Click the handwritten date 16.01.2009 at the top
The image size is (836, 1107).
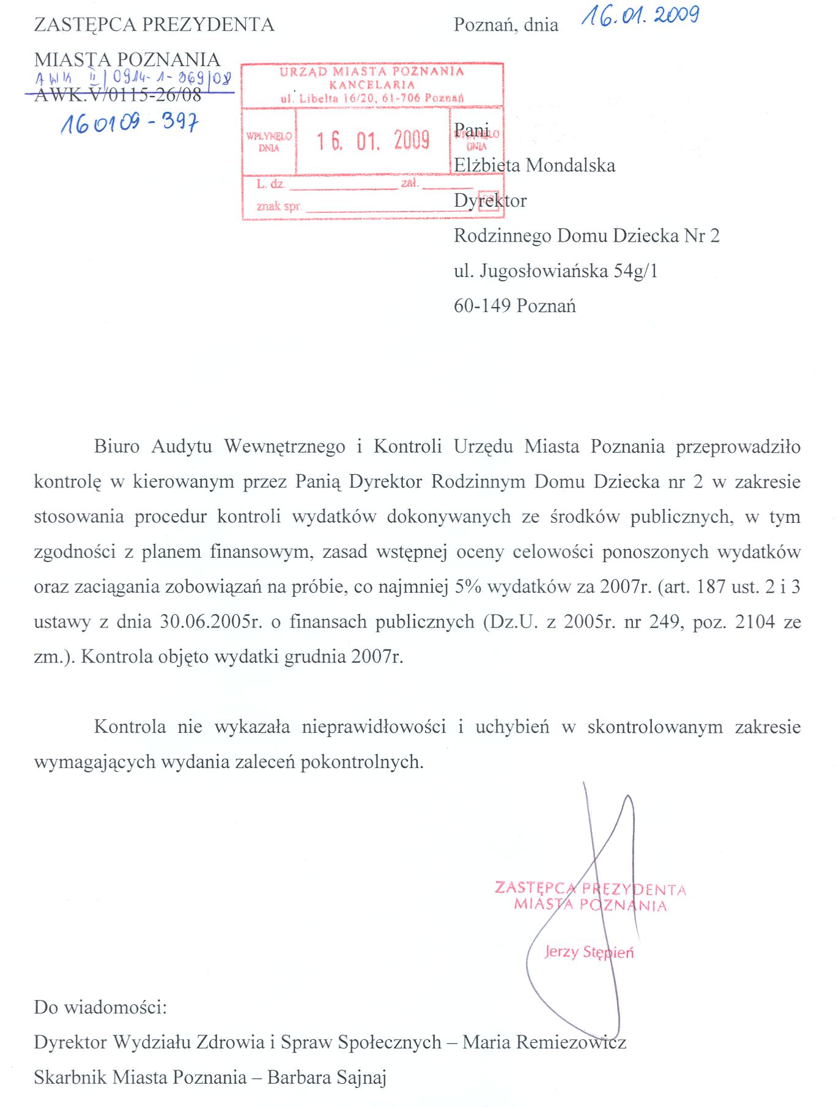click(x=640, y=16)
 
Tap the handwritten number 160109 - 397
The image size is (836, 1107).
click(x=129, y=123)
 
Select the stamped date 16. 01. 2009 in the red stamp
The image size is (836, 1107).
click(x=372, y=141)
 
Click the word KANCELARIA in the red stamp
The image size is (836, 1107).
click(x=372, y=85)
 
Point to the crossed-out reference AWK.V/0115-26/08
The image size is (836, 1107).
click(x=118, y=95)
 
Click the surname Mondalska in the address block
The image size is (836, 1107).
click(x=571, y=166)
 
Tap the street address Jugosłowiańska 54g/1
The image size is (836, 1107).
click(x=569, y=271)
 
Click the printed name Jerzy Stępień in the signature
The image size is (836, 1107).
click(x=589, y=952)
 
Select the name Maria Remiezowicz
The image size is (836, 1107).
click(x=544, y=1042)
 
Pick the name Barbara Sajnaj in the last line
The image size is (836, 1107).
click(x=327, y=1078)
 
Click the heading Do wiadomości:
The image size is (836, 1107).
click(x=100, y=1007)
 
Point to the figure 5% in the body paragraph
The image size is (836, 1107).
click(x=468, y=587)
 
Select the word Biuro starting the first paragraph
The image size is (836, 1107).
click(x=117, y=446)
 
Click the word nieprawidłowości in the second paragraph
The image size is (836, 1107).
click(x=374, y=727)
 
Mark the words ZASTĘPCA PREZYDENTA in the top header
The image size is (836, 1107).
click(x=154, y=24)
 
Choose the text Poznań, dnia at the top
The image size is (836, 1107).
click(x=506, y=25)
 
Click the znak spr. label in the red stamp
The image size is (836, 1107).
click(x=279, y=206)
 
